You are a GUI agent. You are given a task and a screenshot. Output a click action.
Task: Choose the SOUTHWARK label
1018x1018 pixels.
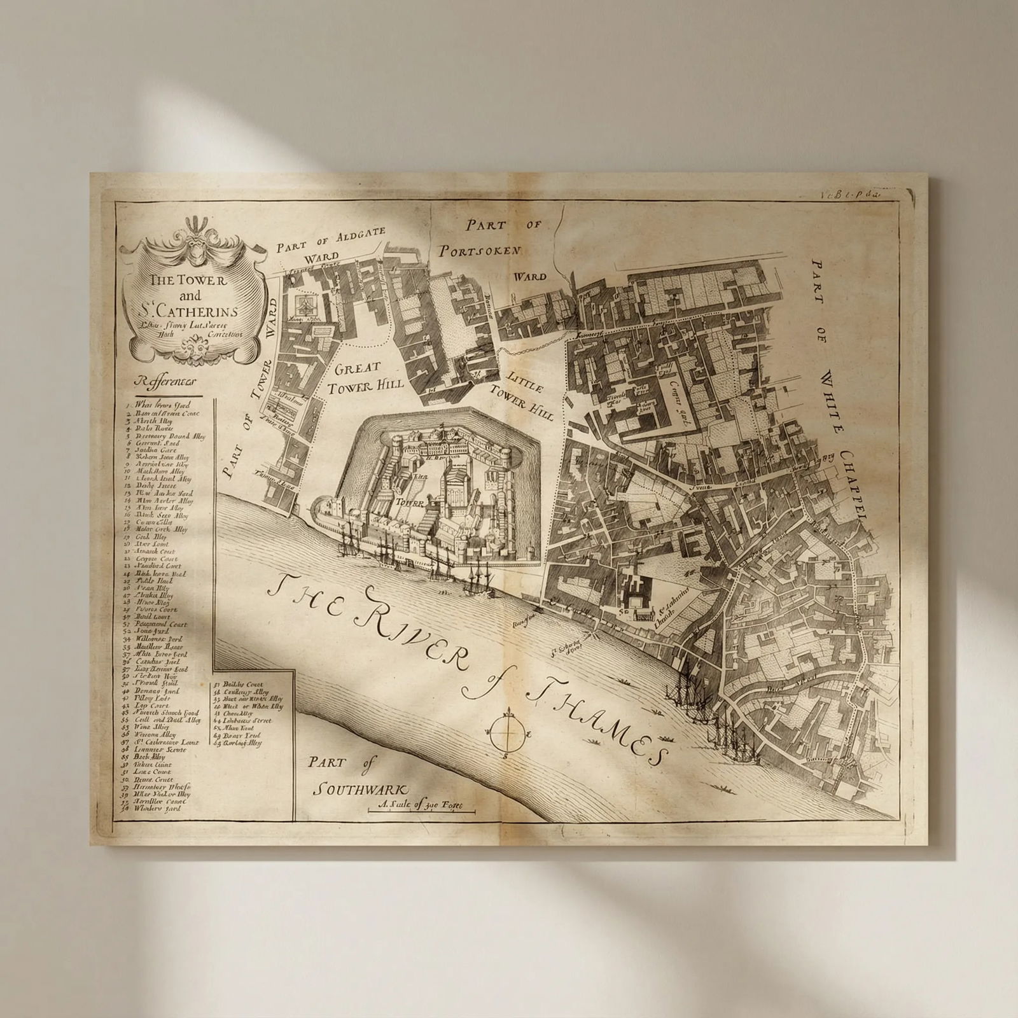pos(360,790)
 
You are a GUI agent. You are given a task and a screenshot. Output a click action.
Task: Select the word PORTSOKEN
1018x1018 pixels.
pos(481,250)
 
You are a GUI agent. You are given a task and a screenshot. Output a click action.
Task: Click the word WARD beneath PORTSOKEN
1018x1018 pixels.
pos(529,277)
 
